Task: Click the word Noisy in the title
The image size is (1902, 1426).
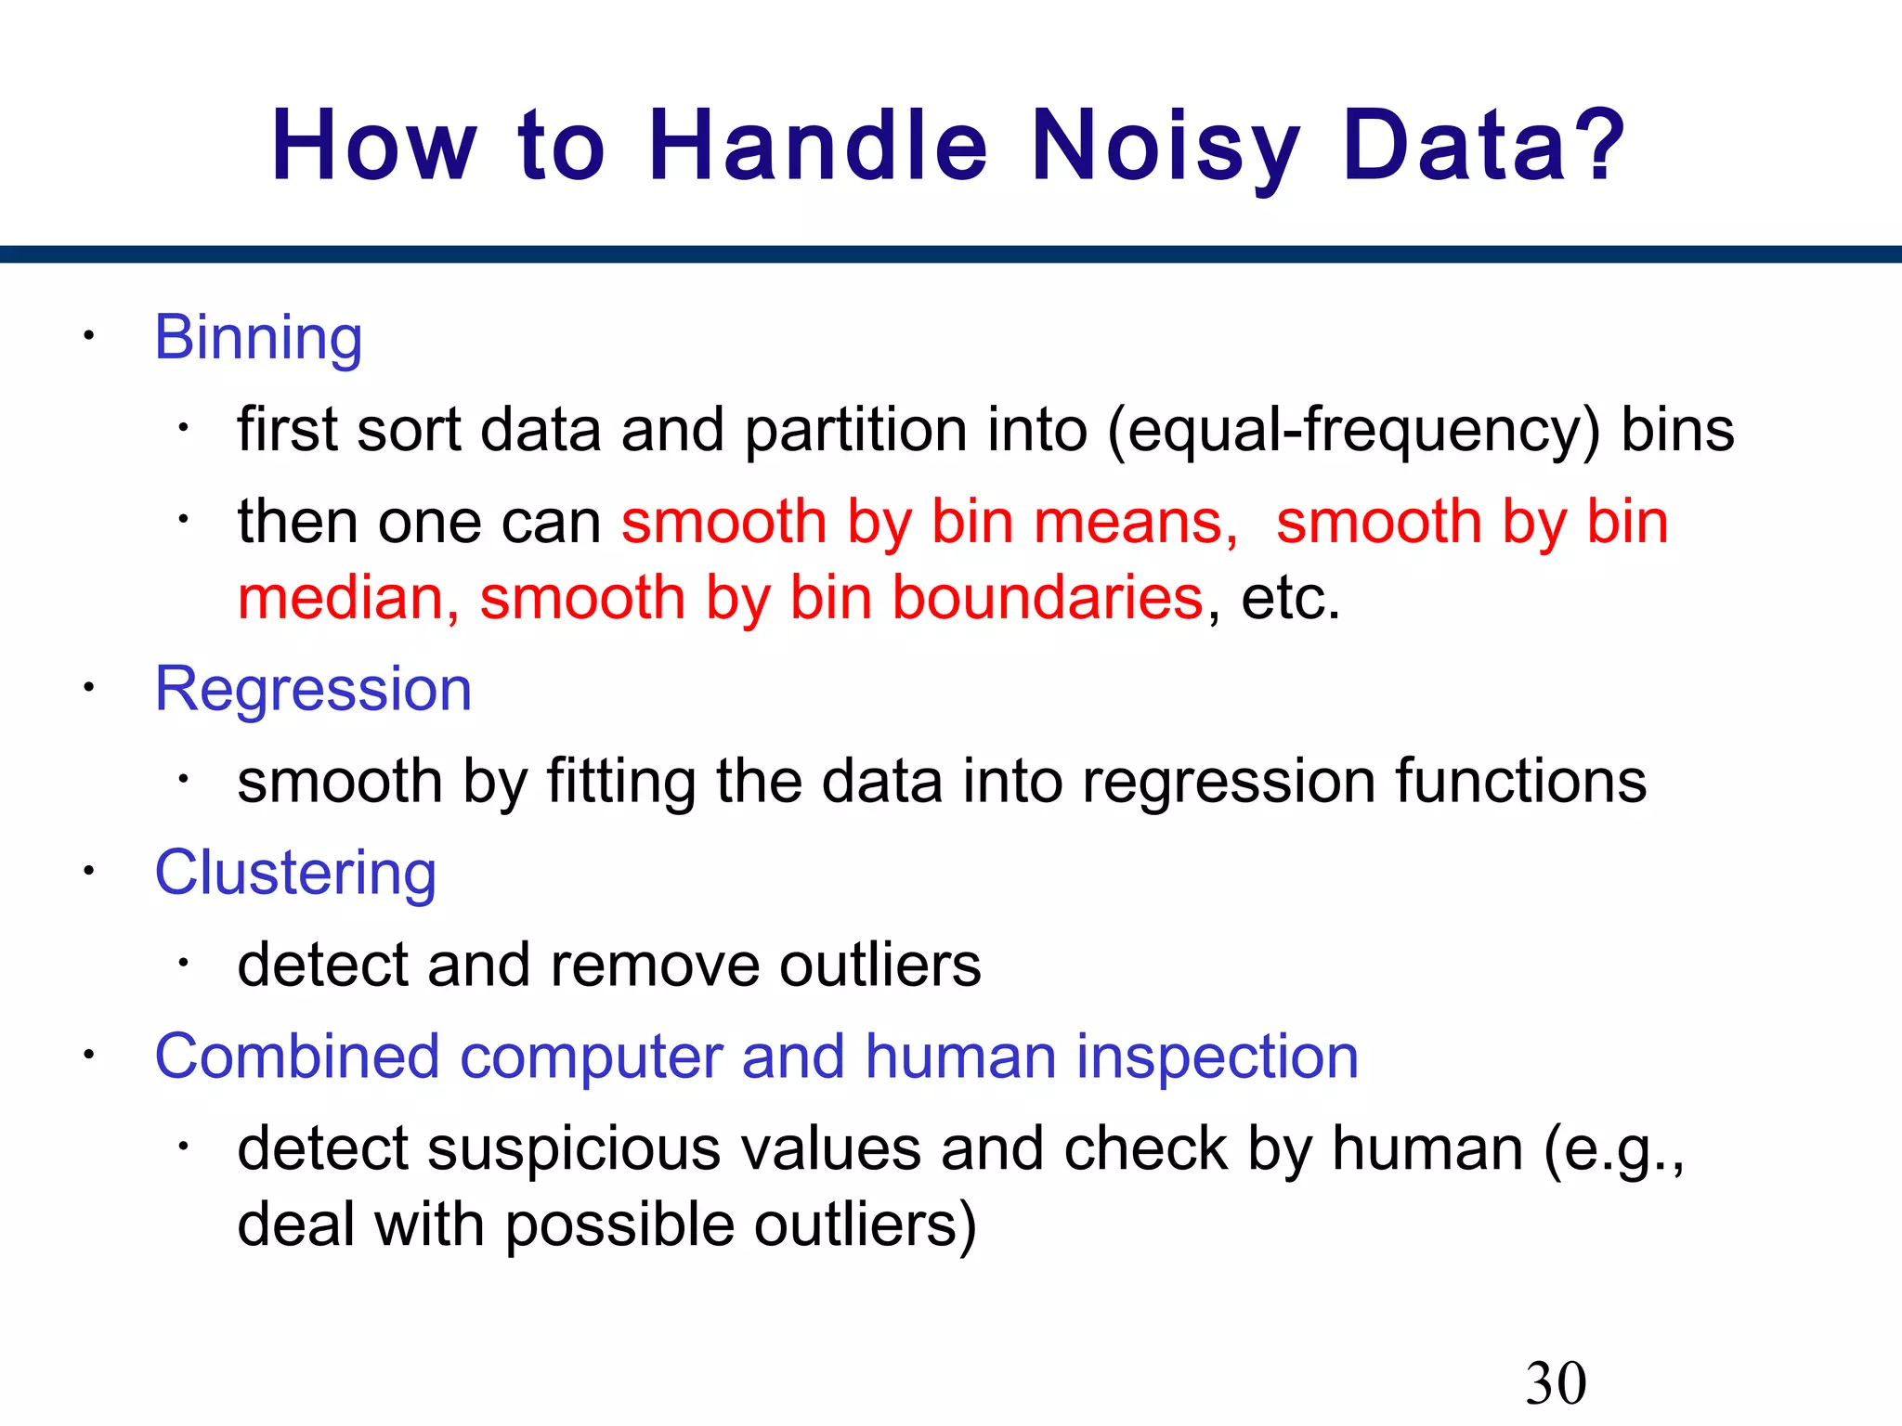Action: coord(1166,146)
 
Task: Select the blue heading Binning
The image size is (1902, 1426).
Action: coord(258,338)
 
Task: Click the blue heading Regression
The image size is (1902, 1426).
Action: coord(313,690)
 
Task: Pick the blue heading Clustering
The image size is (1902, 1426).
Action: coord(295,874)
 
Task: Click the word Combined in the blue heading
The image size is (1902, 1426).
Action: coord(297,1057)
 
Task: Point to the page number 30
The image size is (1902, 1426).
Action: coord(1556,1384)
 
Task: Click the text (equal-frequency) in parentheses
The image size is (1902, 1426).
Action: coord(1353,431)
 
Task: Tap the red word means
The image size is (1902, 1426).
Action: coord(1135,522)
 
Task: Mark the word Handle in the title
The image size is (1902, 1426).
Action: coord(818,146)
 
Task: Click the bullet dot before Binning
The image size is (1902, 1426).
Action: coord(88,336)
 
